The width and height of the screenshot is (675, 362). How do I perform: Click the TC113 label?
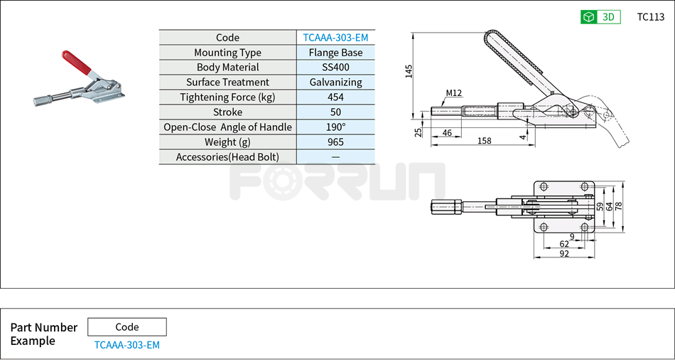650,17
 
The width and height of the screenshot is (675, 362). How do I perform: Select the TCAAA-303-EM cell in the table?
335,38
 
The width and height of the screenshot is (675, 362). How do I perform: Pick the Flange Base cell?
335,53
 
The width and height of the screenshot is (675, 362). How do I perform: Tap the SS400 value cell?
335,68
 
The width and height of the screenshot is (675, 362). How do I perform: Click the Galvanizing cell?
335,82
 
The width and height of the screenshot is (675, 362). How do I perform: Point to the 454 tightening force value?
335,97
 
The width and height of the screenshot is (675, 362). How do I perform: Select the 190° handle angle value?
335,127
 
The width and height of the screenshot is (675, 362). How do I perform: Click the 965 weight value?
335,142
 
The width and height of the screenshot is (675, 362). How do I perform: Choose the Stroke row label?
227,112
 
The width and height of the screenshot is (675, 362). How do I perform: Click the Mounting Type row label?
227,53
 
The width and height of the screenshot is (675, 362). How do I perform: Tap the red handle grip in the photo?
75,63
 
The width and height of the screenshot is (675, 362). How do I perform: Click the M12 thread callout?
454,93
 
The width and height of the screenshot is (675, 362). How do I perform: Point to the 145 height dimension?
409,72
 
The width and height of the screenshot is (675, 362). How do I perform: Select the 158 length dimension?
485,141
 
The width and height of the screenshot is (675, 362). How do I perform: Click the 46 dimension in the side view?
447,133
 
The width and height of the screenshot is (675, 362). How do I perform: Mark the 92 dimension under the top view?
564,253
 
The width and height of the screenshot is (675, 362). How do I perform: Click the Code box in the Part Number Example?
127,327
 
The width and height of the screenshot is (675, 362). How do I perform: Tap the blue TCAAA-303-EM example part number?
127,345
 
